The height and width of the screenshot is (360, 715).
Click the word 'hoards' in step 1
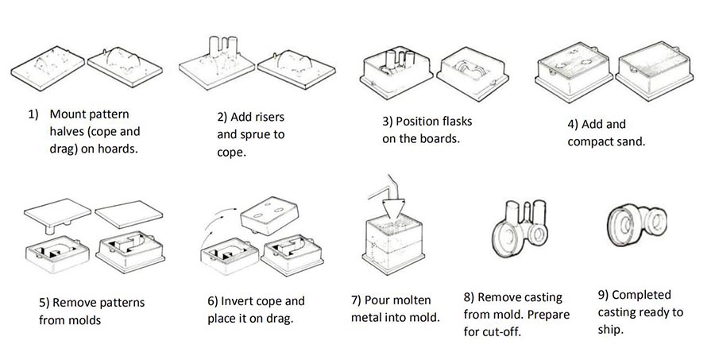(x=118, y=147)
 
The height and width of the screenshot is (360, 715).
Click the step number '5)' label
(x=44, y=303)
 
